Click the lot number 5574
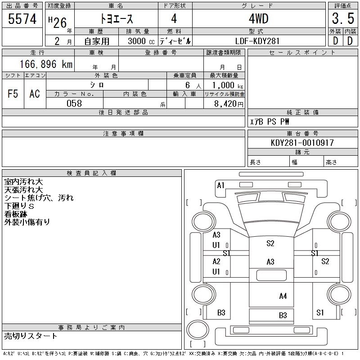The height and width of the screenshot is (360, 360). click(x=22, y=19)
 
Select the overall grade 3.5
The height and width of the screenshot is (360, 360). click(x=343, y=18)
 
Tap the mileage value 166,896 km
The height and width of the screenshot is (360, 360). click(x=46, y=64)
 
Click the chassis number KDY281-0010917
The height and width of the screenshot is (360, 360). click(x=302, y=143)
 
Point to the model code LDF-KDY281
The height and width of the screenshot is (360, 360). click(x=257, y=41)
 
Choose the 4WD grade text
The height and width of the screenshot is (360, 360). click(x=258, y=18)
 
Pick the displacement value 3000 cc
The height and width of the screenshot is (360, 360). click(x=141, y=41)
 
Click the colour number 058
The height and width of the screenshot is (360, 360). click(x=74, y=103)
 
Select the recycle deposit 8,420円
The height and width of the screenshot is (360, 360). click(x=229, y=104)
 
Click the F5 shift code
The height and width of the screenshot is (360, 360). click(x=13, y=94)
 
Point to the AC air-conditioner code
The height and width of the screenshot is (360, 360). click(x=35, y=94)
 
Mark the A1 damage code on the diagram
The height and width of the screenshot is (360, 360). click(x=220, y=185)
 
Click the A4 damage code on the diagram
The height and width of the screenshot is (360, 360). click(x=283, y=296)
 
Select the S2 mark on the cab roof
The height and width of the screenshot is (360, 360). click(x=270, y=243)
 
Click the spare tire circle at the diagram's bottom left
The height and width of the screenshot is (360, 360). click(x=198, y=330)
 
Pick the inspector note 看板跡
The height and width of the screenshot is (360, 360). click(x=16, y=214)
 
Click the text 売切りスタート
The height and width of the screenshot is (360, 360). click(x=31, y=336)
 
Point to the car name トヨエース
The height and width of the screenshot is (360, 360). click(x=117, y=18)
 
